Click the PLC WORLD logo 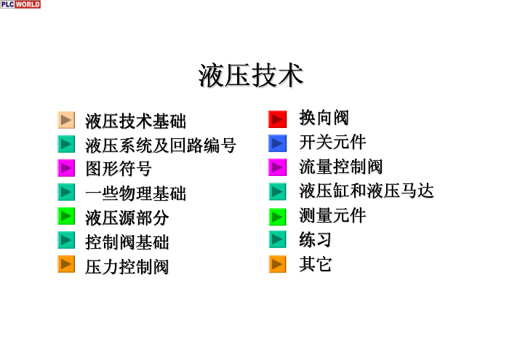[x=20, y=4]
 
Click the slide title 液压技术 [x=251, y=76]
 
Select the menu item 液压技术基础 [x=136, y=121]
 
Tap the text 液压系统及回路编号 [x=161, y=145]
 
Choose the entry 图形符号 [x=119, y=169]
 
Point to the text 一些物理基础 [x=136, y=193]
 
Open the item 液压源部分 [x=127, y=217]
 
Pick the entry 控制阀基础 [x=127, y=242]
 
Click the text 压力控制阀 [x=127, y=267]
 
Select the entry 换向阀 [x=324, y=118]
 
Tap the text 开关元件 [x=332, y=143]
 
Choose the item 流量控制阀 [x=341, y=167]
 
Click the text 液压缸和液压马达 [x=366, y=191]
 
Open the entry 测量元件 [x=332, y=215]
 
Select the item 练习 [x=315, y=240]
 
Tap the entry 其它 [x=315, y=264]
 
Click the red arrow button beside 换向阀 [x=278, y=119]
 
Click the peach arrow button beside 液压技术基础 [x=66, y=120]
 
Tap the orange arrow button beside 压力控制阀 [x=66, y=264]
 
